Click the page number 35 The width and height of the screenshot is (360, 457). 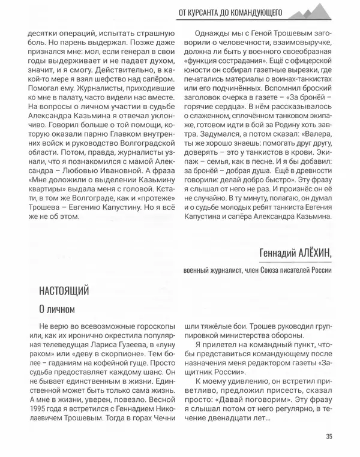click(329, 436)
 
